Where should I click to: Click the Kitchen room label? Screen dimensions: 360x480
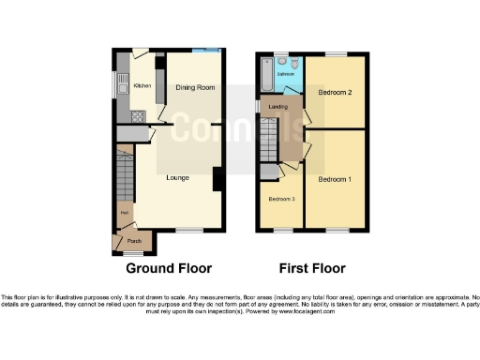[142, 86]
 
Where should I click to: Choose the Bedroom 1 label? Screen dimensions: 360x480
[335, 179]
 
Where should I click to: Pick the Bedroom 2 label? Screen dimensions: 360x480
[335, 93]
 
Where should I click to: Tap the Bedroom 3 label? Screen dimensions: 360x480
[281, 200]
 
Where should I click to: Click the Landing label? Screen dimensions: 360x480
[277, 106]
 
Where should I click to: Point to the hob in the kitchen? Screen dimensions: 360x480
[137, 118]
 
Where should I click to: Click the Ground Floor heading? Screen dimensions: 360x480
[169, 268]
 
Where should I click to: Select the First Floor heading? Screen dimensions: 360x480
[312, 268]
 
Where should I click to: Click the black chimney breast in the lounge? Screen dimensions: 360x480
[217, 178]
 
